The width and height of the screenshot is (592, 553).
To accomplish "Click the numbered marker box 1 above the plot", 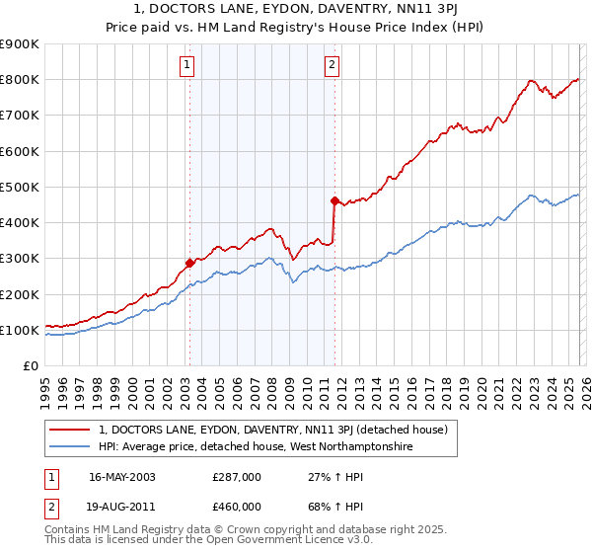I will [187, 66].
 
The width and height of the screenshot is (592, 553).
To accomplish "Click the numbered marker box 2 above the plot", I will [333, 66].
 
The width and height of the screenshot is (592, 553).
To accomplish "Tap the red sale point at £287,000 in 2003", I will [189, 264].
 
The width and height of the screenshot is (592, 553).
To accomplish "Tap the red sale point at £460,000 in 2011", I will [334, 201].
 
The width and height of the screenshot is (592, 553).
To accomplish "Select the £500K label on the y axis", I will [22, 187].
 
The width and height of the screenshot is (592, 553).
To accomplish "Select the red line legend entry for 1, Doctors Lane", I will [273, 430].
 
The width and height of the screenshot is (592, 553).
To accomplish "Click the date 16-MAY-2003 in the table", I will [122, 476].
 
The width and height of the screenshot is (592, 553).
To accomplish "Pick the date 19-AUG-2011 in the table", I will [122, 508].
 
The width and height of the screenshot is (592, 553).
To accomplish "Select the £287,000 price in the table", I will [237, 476].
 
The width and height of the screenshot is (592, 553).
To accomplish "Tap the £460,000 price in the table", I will [237, 508].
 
